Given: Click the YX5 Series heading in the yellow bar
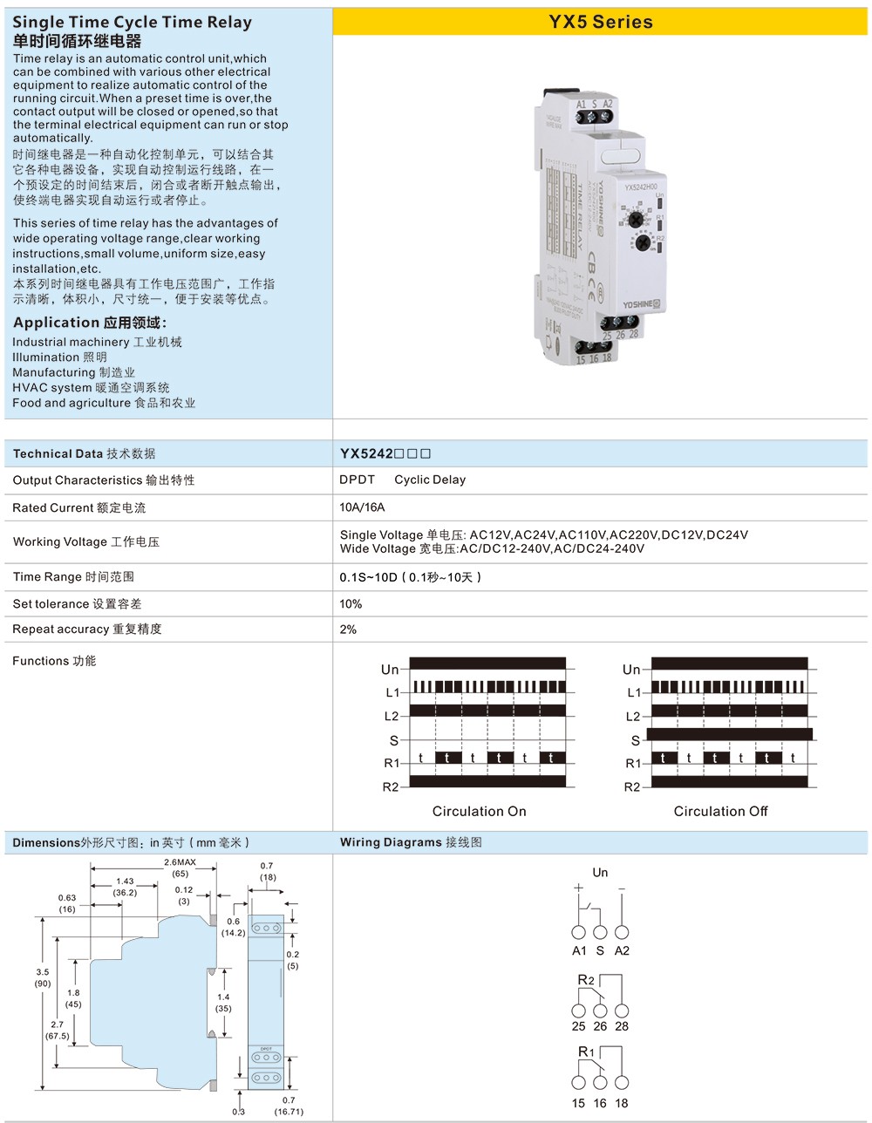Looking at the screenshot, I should [x=600, y=23].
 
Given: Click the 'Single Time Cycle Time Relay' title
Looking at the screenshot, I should [x=133, y=23].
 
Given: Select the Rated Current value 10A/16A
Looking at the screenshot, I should [x=362, y=507].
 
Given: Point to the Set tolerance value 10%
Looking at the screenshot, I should [x=351, y=603].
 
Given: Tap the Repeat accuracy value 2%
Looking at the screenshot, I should [x=348, y=630].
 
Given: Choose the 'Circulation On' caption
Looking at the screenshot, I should [x=479, y=812].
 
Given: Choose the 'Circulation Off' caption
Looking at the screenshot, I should [x=720, y=812].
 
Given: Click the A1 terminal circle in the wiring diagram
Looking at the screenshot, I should [x=579, y=932].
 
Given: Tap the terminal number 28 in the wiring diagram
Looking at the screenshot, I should [x=622, y=1026].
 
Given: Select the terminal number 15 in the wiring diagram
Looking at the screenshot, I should [x=579, y=1103].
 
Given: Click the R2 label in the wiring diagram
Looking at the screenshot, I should [x=586, y=981].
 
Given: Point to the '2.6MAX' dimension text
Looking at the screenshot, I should [x=180, y=862].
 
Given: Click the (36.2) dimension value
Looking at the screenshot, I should [x=125, y=892].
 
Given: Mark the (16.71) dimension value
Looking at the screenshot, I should [x=289, y=1112].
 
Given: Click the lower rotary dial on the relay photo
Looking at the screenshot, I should [x=644, y=242].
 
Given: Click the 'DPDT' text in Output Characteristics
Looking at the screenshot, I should [x=358, y=480].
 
